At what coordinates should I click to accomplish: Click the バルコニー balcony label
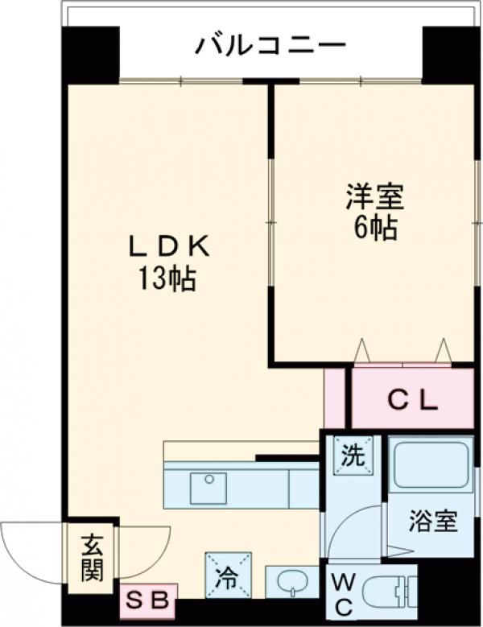[x=270, y=44]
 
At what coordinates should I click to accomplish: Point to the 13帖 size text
[x=168, y=280]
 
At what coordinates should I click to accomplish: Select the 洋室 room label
[x=374, y=196]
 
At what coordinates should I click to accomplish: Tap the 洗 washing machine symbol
[x=354, y=455]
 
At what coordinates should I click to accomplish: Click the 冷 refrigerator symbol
[x=228, y=575]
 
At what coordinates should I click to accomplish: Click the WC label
[x=341, y=594]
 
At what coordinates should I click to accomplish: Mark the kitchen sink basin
[x=208, y=488]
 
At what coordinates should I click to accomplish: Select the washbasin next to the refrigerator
[x=291, y=582]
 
